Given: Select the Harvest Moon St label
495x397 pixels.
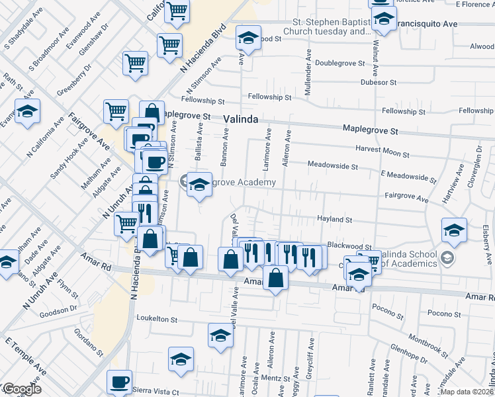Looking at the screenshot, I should [383, 150].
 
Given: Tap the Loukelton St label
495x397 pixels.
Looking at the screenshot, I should [157, 319].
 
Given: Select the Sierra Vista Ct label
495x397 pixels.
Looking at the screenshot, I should [156, 392].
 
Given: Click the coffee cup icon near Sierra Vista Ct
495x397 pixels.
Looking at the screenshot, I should [120, 382].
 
